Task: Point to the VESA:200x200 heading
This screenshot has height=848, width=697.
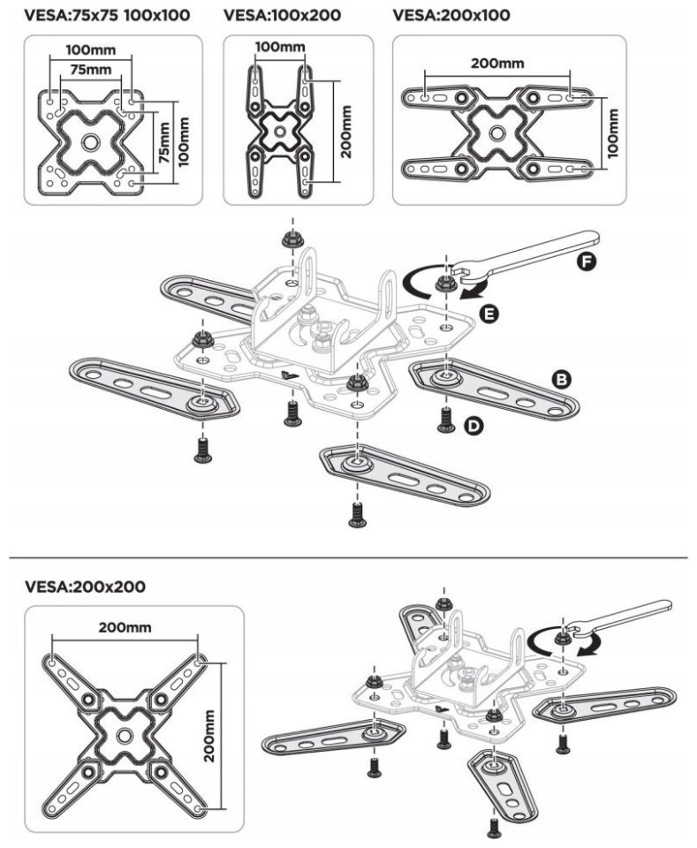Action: [x=86, y=586]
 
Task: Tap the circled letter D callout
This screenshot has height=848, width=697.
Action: [x=474, y=428]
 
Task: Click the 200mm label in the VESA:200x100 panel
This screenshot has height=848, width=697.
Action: [x=497, y=64]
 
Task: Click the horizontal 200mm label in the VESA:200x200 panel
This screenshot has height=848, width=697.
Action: [x=126, y=627]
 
